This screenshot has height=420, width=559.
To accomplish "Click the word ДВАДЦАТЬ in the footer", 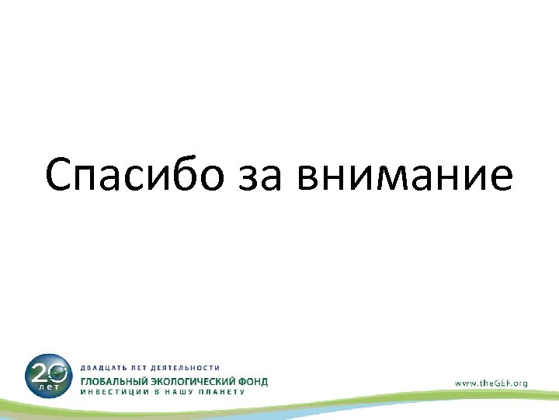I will pyautogui.click(x=106, y=366).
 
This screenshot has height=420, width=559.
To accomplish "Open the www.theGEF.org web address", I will pyautogui.click(x=491, y=383).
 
